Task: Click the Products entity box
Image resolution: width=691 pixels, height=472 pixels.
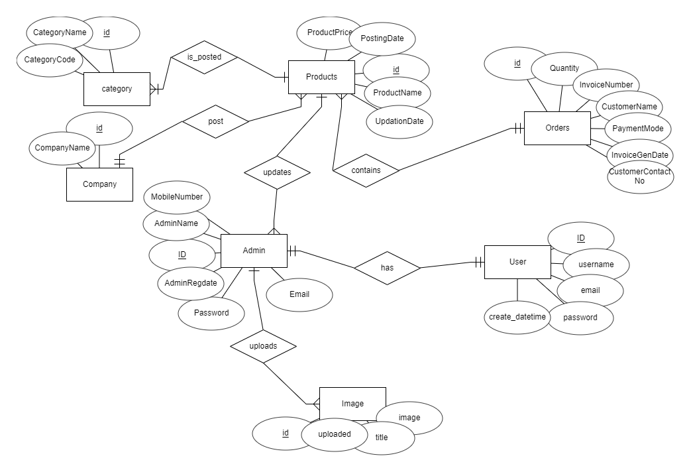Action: pyautogui.click(x=321, y=77)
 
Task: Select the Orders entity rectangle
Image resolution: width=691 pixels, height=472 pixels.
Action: pyautogui.click(x=557, y=128)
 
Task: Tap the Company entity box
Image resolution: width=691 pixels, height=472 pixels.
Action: pyautogui.click(x=99, y=184)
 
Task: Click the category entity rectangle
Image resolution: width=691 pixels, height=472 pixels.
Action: pyautogui.click(x=117, y=89)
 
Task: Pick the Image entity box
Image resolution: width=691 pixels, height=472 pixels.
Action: pyautogui.click(x=352, y=404)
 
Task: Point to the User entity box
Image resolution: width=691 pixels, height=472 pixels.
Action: pyautogui.click(x=517, y=262)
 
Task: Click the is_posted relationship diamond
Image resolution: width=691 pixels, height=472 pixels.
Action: pyautogui.click(x=204, y=58)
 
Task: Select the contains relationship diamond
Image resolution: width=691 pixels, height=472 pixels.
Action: pyautogui.click(x=366, y=170)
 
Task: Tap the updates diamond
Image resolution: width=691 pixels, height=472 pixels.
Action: pyautogui.click(x=277, y=172)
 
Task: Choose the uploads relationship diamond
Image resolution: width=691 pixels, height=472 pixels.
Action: pyautogui.click(x=263, y=346)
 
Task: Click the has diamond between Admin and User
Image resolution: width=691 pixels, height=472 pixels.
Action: pyautogui.click(x=387, y=268)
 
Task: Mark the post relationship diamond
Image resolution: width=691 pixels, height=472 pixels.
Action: pyautogui.click(x=215, y=122)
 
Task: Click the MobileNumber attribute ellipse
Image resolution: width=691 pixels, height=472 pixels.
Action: pyautogui.click(x=177, y=198)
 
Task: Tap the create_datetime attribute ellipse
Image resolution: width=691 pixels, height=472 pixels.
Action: pyautogui.click(x=517, y=317)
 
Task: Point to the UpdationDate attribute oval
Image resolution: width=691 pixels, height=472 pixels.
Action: pyautogui.click(x=399, y=121)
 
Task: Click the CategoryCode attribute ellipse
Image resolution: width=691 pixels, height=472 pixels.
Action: pyautogui.click(x=49, y=60)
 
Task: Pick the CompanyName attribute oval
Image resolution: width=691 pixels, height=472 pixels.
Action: pyautogui.click(x=62, y=148)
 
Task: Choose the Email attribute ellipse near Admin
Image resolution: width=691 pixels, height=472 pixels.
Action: pyautogui.click(x=299, y=294)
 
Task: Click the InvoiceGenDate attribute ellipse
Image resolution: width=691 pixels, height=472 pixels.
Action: pyautogui.click(x=640, y=155)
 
